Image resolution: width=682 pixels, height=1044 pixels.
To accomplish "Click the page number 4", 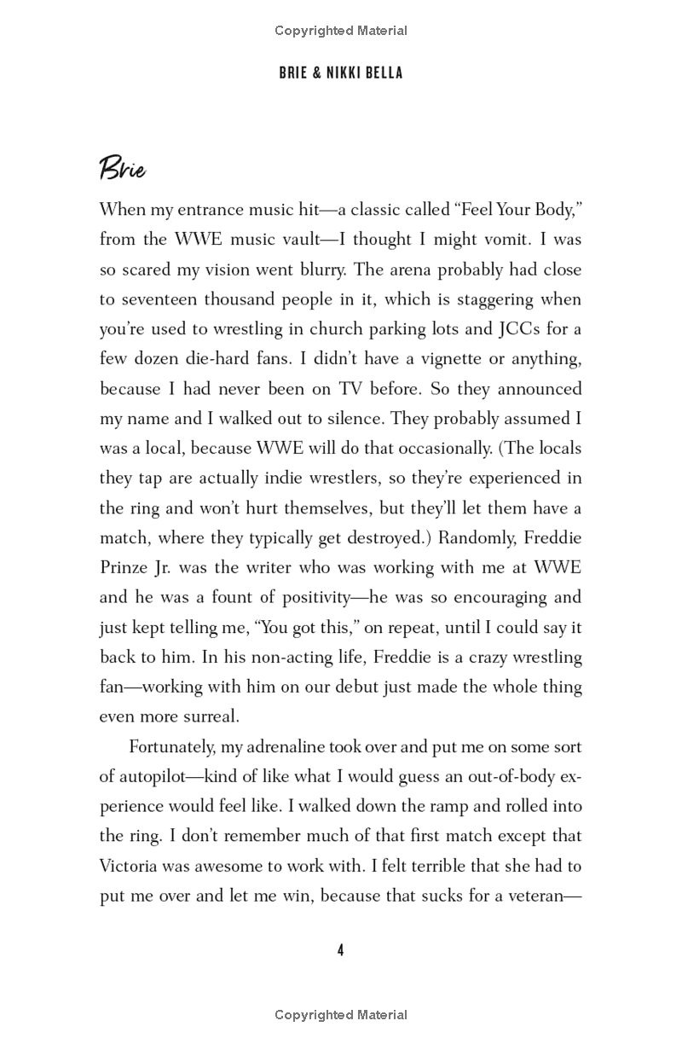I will pos(340,950).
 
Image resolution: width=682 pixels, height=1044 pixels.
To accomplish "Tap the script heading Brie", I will pos(123,168).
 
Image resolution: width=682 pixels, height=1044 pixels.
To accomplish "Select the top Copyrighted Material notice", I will pos(341,31).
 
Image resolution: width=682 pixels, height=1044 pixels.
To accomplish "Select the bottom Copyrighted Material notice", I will pos(341,1015).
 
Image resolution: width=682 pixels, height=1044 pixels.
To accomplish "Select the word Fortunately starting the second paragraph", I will pos(173,747).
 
